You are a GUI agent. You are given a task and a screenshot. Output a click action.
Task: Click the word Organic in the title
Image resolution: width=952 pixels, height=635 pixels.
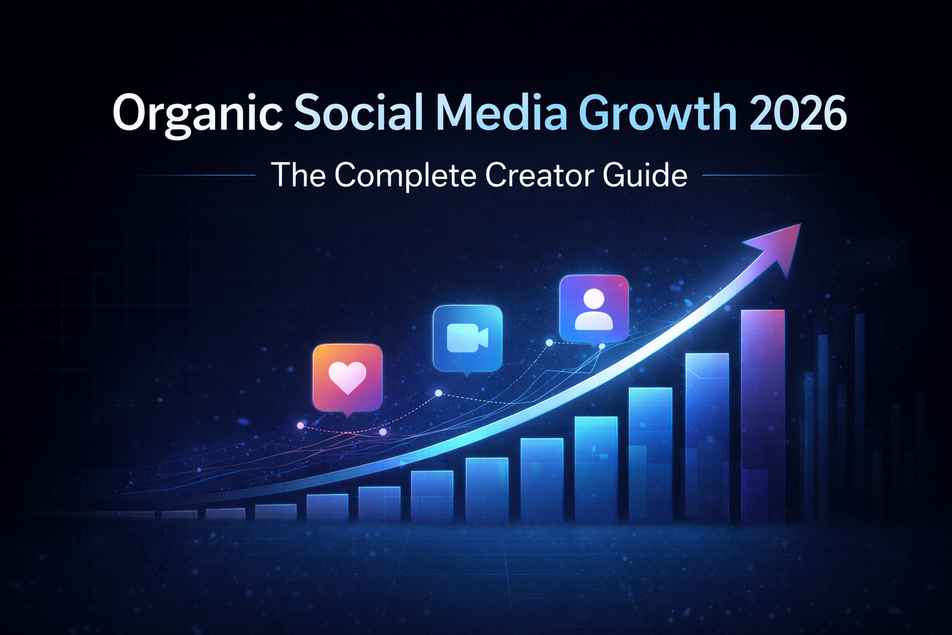197,113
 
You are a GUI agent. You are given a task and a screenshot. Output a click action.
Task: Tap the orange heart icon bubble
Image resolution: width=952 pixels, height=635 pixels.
347,378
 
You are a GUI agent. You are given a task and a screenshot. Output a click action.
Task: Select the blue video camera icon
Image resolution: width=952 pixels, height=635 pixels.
467,338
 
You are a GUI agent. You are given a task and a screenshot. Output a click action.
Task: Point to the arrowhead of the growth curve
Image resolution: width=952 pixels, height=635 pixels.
780,245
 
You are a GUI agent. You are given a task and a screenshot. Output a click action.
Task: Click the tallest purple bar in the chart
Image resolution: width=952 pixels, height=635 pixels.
762,415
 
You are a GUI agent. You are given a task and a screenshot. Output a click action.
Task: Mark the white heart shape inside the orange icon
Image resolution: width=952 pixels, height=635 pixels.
347,376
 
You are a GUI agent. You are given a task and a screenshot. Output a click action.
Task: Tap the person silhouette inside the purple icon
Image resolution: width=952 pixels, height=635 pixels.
594,309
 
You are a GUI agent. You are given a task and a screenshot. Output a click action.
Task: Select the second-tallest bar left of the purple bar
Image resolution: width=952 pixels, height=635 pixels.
707,437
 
